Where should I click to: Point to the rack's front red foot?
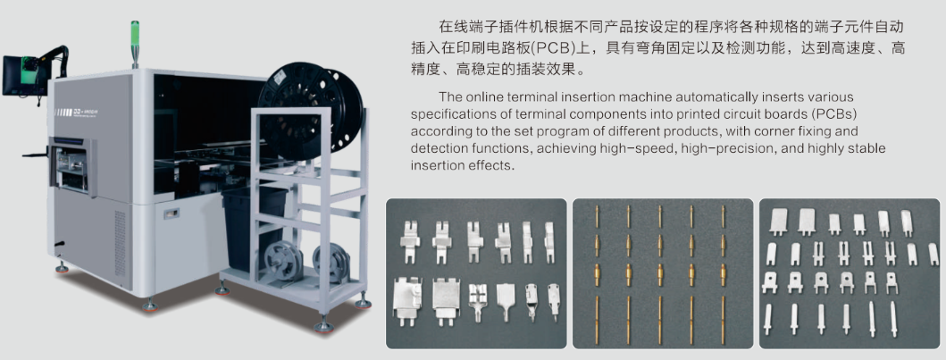point(323,326)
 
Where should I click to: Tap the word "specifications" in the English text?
point(447,114)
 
